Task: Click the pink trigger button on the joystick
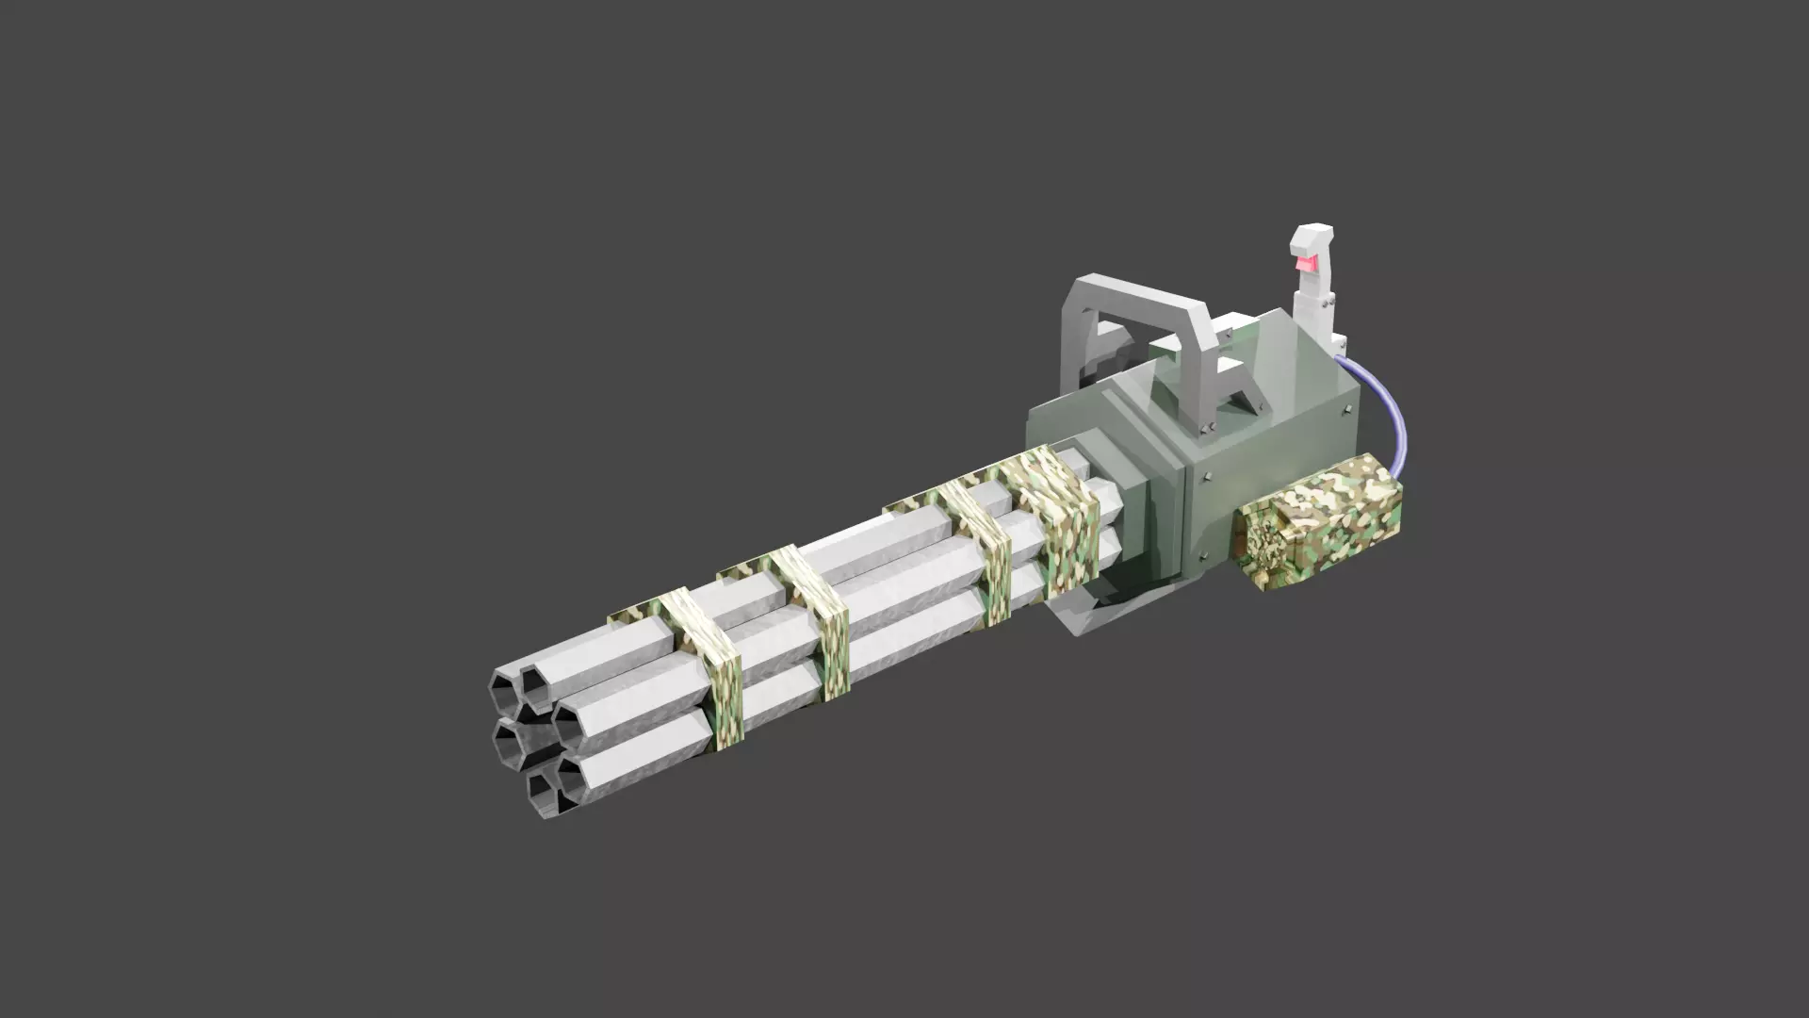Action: [x=1307, y=265]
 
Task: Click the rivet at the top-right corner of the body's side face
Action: [x=1348, y=410]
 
